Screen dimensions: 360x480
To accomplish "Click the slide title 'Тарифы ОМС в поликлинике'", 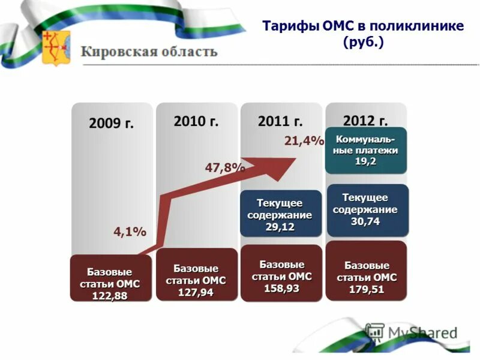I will (x=363, y=26).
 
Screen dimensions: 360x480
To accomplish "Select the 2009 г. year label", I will (x=112, y=124).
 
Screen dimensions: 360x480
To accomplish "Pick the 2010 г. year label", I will (x=196, y=121).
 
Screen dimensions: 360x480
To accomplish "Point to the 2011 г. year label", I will (x=280, y=121).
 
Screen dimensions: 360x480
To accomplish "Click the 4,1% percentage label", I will (x=130, y=232).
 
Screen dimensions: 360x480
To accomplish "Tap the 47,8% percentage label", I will (x=225, y=168).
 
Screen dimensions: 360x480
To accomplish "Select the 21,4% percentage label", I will (x=304, y=141).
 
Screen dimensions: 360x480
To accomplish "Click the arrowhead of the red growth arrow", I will (x=282, y=162).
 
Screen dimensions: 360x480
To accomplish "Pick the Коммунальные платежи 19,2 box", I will (x=365, y=151).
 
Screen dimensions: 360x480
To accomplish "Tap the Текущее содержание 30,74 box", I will (x=365, y=209).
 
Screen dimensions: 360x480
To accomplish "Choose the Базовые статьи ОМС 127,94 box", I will (x=196, y=275).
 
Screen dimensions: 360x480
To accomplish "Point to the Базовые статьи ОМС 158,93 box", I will (x=281, y=274).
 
